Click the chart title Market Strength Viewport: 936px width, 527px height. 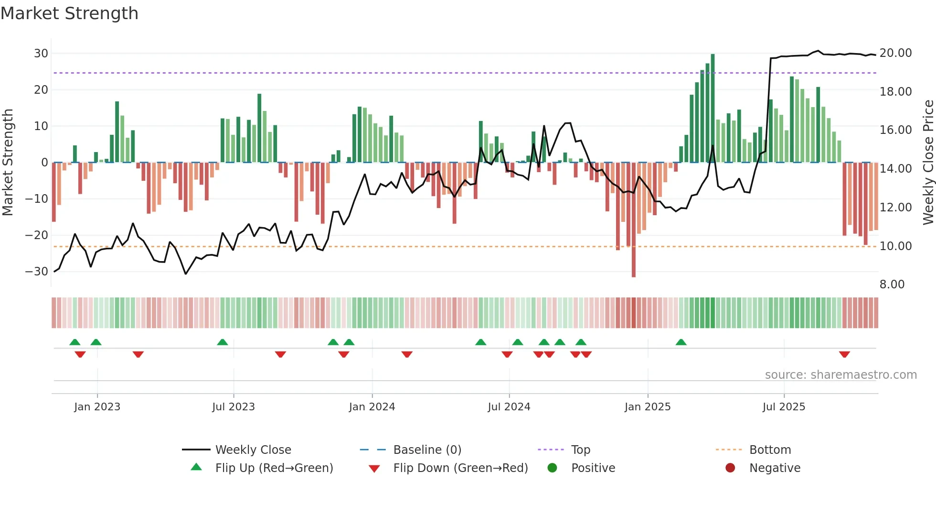(x=69, y=13)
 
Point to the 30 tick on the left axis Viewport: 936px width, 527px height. (x=41, y=53)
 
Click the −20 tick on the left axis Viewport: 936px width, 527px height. (x=37, y=235)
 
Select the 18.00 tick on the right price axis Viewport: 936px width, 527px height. (x=895, y=91)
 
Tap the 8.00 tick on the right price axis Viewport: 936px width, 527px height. (x=892, y=284)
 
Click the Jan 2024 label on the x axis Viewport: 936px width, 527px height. (x=372, y=407)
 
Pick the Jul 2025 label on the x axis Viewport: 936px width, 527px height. (x=784, y=407)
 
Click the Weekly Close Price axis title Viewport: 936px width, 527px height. (x=928, y=162)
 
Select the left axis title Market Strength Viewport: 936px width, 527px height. (x=8, y=162)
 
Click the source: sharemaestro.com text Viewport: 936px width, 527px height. (x=840, y=374)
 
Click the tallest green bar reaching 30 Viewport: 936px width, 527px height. (x=713, y=108)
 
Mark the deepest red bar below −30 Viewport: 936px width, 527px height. (x=634, y=220)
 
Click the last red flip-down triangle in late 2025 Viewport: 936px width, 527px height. (x=844, y=354)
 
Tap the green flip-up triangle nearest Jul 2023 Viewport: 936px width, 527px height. (x=223, y=342)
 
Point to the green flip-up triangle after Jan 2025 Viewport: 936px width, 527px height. (x=681, y=342)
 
